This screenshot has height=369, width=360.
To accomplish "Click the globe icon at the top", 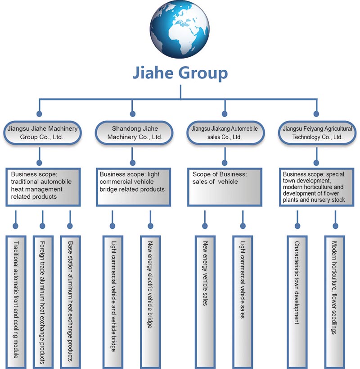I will click(180, 30).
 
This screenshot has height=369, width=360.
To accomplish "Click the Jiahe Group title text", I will click(180, 73).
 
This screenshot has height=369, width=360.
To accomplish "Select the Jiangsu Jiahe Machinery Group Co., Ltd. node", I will click(42, 132).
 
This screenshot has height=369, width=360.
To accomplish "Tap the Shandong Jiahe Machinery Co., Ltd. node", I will click(134, 132).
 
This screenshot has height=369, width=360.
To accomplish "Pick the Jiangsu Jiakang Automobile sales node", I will click(224, 132).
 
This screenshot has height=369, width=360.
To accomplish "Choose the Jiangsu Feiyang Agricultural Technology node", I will click(317, 132).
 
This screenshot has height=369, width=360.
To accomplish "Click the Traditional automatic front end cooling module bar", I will click(16, 299).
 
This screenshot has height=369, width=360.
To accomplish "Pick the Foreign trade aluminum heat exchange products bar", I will click(43, 299).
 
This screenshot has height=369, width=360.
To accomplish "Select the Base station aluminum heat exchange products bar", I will click(69, 299).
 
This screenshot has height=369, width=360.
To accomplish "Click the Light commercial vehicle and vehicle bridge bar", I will click(112, 299).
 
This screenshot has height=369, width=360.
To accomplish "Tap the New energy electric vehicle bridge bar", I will click(150, 299).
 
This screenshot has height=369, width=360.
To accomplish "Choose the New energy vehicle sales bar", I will click(205, 299).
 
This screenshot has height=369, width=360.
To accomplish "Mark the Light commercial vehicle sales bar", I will click(242, 299).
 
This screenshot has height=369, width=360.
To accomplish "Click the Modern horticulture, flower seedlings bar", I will click(334, 299).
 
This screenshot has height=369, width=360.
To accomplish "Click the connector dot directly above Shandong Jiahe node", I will click(132, 114).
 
